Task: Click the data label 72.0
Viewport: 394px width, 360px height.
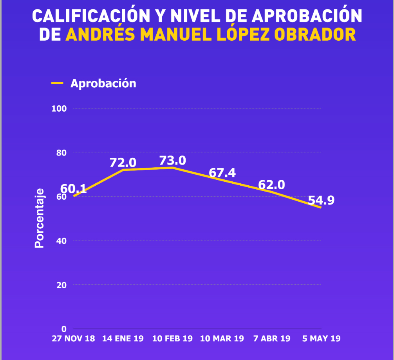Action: click(123, 163)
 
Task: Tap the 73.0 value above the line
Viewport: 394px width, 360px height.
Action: click(172, 161)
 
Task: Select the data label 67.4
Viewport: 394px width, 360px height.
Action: click(222, 173)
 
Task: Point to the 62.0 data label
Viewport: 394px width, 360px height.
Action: click(271, 185)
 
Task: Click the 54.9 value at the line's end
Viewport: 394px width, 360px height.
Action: click(321, 201)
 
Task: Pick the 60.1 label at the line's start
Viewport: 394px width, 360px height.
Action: click(74, 189)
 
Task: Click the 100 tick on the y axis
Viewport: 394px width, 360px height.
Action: click(59, 109)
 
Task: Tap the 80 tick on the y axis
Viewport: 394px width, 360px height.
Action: click(62, 152)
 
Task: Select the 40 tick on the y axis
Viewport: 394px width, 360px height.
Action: click(62, 241)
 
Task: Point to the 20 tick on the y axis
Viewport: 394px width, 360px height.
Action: click(62, 285)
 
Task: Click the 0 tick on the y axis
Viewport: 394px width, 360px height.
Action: click(64, 329)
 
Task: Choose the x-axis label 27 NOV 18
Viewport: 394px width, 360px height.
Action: click(74, 338)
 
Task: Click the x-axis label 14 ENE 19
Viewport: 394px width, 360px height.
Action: click(123, 338)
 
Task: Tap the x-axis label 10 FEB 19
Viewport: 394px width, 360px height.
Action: click(172, 338)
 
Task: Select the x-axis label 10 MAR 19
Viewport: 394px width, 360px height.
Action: click(222, 338)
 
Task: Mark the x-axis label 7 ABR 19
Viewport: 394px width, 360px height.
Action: click(271, 338)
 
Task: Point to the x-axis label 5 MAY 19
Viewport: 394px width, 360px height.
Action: click(321, 338)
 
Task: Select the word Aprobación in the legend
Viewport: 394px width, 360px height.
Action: click(103, 83)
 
